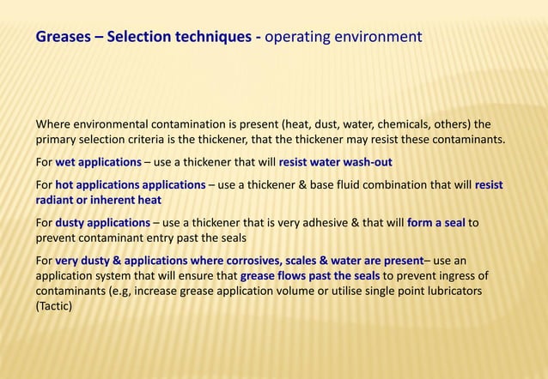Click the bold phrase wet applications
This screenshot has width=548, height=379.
pos(98,162)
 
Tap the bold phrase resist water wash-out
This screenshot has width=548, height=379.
pos(335,162)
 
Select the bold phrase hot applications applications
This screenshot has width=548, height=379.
pos(130,184)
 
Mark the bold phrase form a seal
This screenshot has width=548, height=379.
pos(435,222)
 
